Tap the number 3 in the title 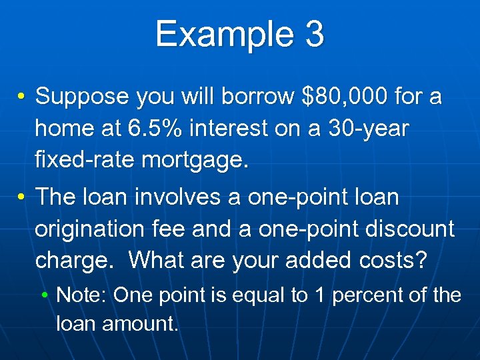[313, 34]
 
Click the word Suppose [81, 97]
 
